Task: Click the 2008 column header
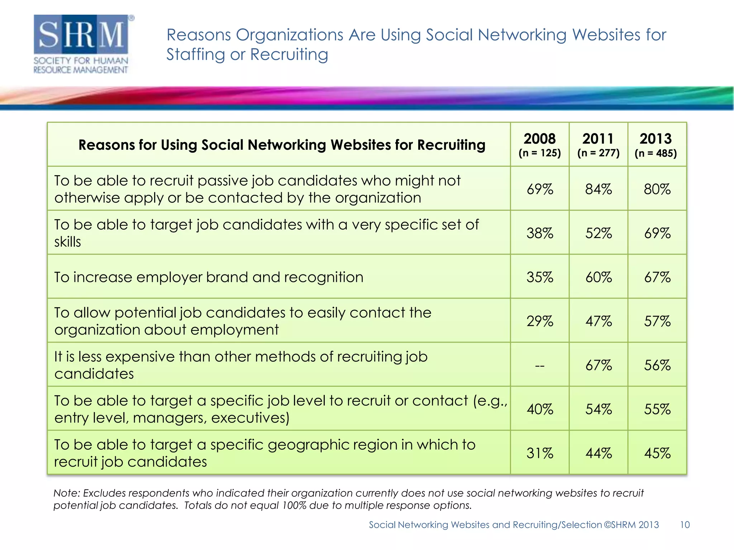point(539,144)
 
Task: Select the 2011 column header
point(598,144)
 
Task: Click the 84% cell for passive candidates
point(598,189)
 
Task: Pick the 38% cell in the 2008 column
point(539,233)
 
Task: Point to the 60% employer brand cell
point(598,277)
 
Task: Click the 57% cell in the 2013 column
point(657,321)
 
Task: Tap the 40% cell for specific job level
point(539,409)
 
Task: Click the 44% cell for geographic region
point(598,453)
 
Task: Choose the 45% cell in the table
point(657,453)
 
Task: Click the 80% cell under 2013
point(657,189)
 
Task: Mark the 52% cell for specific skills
point(598,233)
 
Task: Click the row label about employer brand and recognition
point(209,277)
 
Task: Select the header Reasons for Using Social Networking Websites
point(282,145)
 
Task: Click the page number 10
point(685,525)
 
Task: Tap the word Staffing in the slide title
point(195,55)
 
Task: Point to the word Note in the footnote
point(66,493)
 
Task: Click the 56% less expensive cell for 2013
point(657,365)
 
